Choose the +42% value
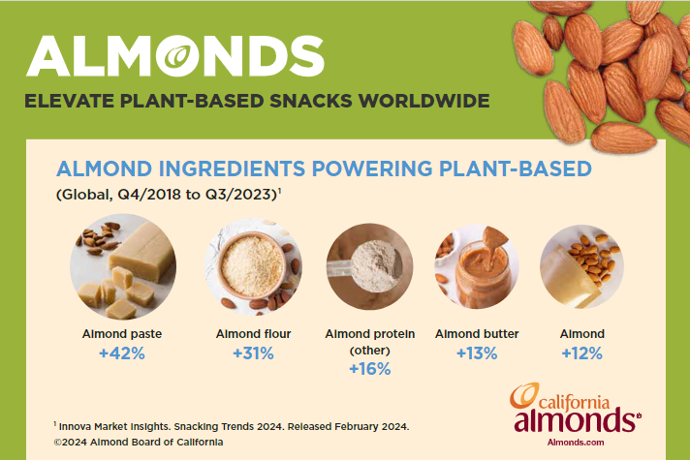click(x=121, y=354)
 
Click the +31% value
click(x=254, y=354)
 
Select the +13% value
click(x=476, y=354)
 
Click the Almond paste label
click(x=121, y=334)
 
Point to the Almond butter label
click(x=476, y=334)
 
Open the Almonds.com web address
click(x=577, y=442)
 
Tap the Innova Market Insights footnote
click(x=233, y=425)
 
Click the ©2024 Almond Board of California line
click(x=139, y=442)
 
